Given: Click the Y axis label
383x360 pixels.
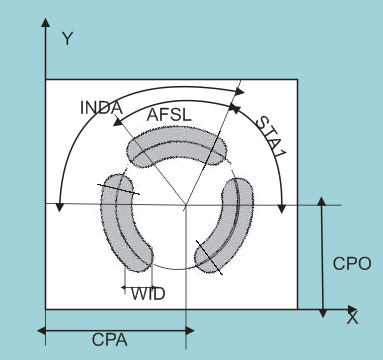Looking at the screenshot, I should [x=68, y=39].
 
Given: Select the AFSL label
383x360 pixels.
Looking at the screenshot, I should [x=168, y=115].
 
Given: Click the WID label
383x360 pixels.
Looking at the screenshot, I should [x=148, y=293].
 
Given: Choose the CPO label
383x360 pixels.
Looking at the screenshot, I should [x=352, y=264].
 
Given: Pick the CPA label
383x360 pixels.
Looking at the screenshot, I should [x=109, y=341].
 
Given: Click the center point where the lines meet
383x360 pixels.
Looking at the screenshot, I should [x=186, y=205].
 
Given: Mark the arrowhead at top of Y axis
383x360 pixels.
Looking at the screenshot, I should [x=46, y=22].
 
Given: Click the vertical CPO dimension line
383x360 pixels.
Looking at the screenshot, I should [x=322, y=255].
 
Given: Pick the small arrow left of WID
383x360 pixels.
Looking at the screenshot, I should [x=124, y=290].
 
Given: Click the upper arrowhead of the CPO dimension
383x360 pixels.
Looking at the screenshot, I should [x=322, y=203].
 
